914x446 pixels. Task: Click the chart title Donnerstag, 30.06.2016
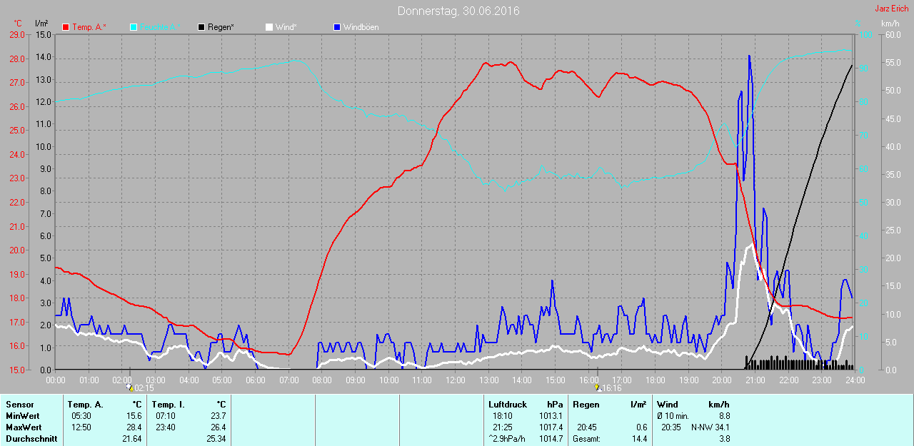pyautogui.click(x=458, y=11)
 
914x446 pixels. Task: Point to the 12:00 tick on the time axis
pyautogui.click(x=455, y=380)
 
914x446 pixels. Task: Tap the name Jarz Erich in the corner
pyautogui.click(x=892, y=9)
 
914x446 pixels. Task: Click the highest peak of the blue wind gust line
pyautogui.click(x=749, y=56)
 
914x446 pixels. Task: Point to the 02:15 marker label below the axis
pyautogui.click(x=144, y=388)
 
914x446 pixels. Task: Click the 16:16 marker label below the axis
pyautogui.click(x=611, y=388)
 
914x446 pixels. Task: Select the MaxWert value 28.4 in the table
pyautogui.click(x=133, y=427)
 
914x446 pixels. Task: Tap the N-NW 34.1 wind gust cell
pyautogui.click(x=710, y=427)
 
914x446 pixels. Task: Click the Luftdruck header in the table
pyautogui.click(x=508, y=405)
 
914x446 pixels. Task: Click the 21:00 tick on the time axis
pyautogui.click(x=755, y=380)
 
